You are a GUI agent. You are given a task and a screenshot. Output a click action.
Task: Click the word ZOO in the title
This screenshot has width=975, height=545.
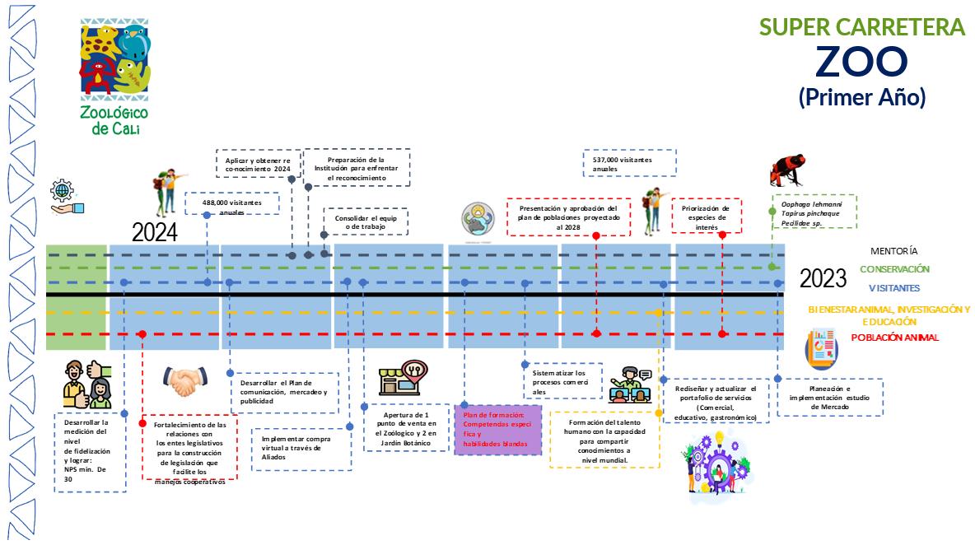click(861, 62)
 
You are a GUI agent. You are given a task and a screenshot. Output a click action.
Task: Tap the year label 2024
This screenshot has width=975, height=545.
click(154, 233)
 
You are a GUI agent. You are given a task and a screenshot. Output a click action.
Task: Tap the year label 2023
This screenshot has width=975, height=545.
click(823, 278)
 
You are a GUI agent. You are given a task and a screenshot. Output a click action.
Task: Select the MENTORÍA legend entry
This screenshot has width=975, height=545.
click(893, 251)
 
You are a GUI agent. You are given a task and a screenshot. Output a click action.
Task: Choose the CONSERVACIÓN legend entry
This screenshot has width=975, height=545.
click(894, 269)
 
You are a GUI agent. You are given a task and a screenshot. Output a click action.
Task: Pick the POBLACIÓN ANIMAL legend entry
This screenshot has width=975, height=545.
click(894, 338)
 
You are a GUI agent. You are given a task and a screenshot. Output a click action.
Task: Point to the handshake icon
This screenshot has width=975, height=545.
click(186, 380)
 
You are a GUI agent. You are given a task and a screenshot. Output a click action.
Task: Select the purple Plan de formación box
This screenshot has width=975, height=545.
click(497, 429)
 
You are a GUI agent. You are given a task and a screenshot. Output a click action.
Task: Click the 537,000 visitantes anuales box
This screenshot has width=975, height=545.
click(629, 163)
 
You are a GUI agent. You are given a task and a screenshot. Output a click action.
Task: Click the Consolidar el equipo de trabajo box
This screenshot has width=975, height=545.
click(365, 222)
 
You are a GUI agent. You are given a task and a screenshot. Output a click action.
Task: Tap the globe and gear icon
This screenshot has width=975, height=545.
click(63, 198)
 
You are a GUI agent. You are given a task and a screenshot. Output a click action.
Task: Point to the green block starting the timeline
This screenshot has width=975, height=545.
click(76, 296)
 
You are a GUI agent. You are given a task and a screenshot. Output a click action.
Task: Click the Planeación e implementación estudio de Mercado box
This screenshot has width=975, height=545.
click(830, 398)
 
